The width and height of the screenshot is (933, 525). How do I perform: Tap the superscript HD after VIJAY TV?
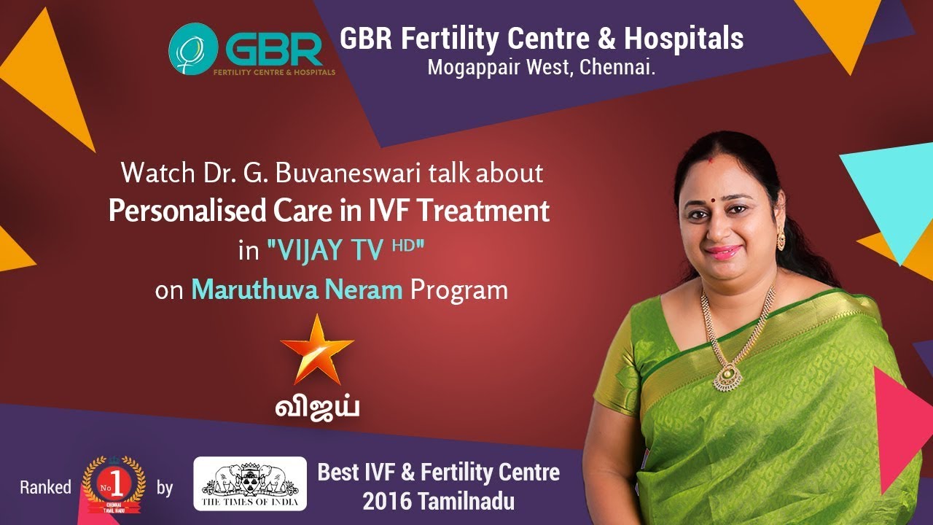point(402,246)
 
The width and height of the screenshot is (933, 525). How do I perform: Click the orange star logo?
point(317,349)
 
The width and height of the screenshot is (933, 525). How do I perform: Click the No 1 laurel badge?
point(113,485)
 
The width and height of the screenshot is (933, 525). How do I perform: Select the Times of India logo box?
point(250,483)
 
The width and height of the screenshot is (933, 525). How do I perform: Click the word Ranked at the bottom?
point(45,487)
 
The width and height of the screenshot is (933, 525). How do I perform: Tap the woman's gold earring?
point(781,237)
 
